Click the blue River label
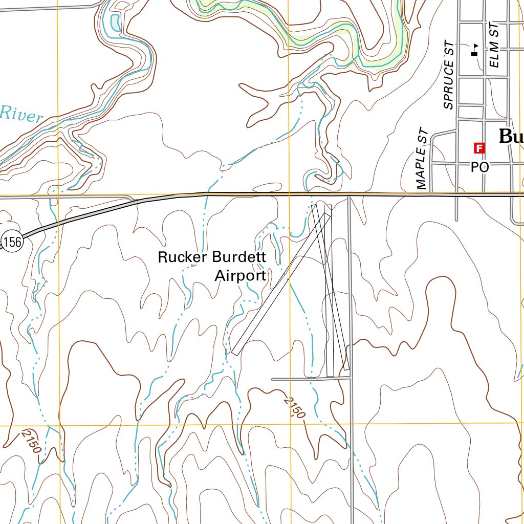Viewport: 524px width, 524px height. pyautogui.click(x=21, y=114)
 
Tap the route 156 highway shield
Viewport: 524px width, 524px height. pyautogui.click(x=12, y=242)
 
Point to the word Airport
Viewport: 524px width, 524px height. pyautogui.click(x=240, y=276)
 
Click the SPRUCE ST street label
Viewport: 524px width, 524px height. pyautogui.click(x=449, y=75)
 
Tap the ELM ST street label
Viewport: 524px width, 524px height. pyautogui.click(x=494, y=46)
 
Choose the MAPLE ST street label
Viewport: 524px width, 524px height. pyautogui.click(x=422, y=159)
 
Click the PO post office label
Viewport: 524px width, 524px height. pyautogui.click(x=479, y=167)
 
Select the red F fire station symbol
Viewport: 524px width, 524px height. pyautogui.click(x=479, y=148)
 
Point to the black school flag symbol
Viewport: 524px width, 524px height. pyautogui.click(x=474, y=50)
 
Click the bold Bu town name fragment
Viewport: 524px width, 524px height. pyautogui.click(x=511, y=137)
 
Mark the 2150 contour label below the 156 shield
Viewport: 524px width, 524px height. pyautogui.click(x=31, y=441)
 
